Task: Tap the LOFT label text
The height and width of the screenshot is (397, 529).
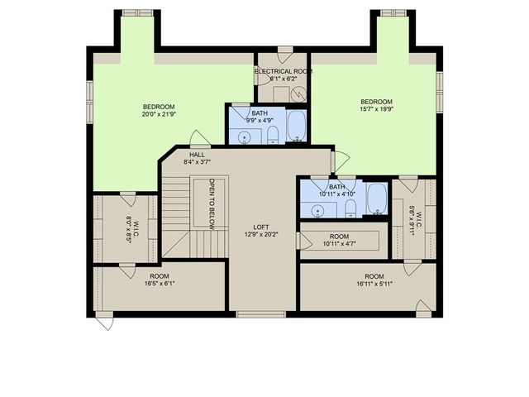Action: click(x=262, y=226)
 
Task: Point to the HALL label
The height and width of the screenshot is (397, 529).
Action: click(x=197, y=155)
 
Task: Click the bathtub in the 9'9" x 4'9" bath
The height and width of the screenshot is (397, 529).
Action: click(x=298, y=126)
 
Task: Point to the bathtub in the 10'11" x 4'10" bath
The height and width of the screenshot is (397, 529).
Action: click(x=377, y=198)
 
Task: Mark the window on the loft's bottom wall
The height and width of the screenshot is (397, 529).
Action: click(x=261, y=313)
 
